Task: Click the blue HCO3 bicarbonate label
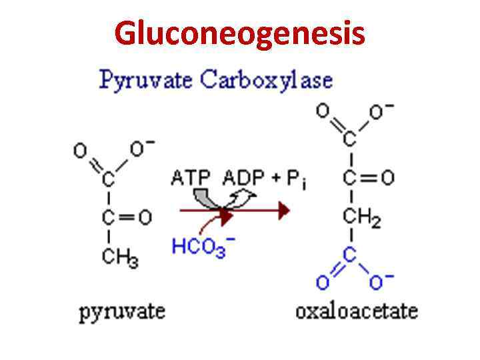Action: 198,247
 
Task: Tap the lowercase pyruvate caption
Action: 122,311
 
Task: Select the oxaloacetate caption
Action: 357,311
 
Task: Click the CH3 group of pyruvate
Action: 120,257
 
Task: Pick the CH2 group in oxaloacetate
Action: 361,217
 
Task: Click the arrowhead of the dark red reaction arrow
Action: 284,211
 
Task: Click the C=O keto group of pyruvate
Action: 126,217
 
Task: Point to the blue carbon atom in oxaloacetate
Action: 350,256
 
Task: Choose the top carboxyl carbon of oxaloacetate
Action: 350,139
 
